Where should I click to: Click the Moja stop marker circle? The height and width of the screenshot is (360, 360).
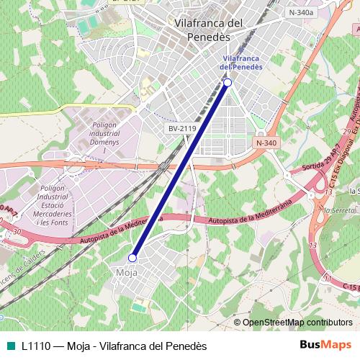click(132, 257)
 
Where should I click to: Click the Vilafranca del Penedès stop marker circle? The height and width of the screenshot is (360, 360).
click(228, 83)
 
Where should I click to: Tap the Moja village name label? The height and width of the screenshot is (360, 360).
click(127, 272)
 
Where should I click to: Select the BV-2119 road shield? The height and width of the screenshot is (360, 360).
click(181, 128)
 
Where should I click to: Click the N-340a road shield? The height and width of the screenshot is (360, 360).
click(301, 12)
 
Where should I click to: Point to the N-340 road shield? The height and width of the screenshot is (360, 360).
click(266, 143)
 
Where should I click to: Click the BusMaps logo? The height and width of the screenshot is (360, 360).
click(325, 346)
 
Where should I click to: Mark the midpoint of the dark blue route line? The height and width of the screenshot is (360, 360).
click(180, 170)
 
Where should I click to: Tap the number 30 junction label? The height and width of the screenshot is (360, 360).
click(17, 232)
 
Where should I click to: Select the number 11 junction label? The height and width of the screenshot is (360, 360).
click(329, 276)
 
